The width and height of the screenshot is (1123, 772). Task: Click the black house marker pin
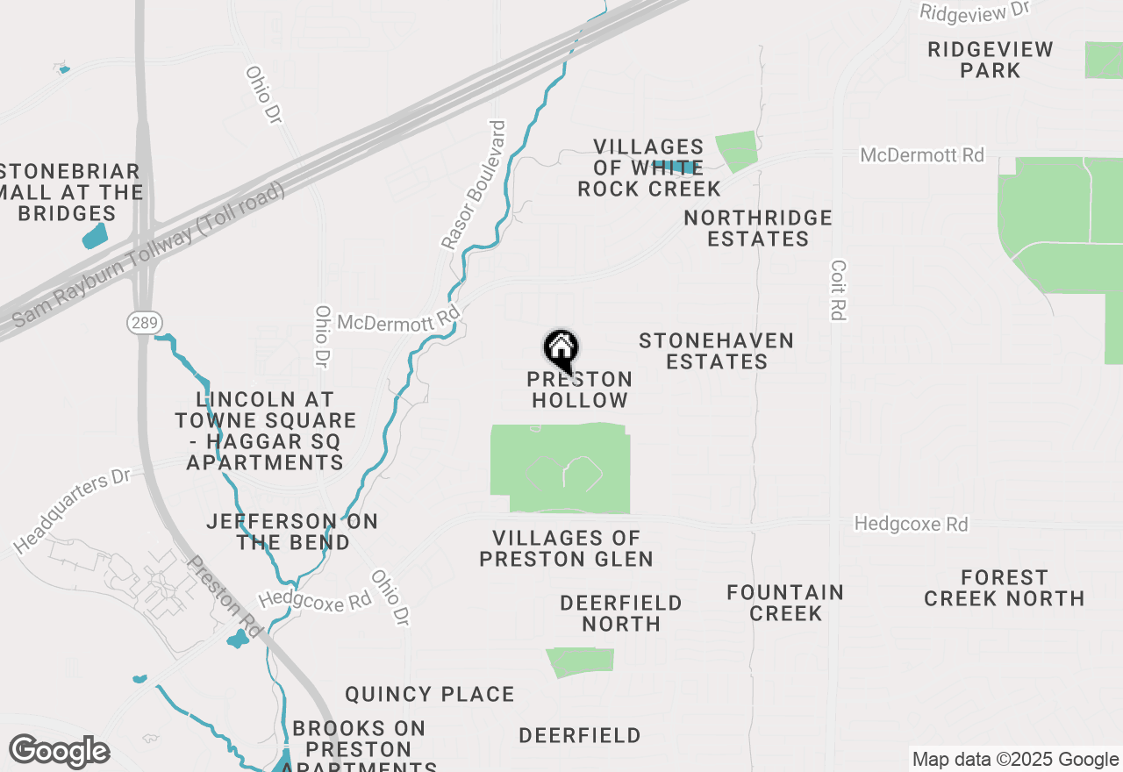click(x=561, y=351)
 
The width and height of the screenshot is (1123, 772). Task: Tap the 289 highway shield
click(x=143, y=324)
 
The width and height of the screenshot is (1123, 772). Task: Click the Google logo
click(x=59, y=752)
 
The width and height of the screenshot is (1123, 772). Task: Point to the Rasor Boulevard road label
click(x=474, y=184)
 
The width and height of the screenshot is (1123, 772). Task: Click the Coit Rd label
click(x=838, y=290)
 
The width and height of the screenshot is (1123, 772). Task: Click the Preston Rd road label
click(x=225, y=597)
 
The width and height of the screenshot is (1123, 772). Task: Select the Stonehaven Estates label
click(x=716, y=351)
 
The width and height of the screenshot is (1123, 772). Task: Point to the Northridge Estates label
click(x=758, y=228)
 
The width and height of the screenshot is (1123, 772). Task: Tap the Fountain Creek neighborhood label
click(x=785, y=603)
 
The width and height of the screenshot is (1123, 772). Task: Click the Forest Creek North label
click(x=1004, y=588)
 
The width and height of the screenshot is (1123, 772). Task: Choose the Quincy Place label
click(x=429, y=694)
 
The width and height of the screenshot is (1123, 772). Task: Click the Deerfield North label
click(x=621, y=613)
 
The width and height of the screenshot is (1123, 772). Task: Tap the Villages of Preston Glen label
click(x=566, y=548)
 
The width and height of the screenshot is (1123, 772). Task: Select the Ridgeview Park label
click(x=991, y=60)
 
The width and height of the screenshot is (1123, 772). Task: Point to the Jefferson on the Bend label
click(x=292, y=532)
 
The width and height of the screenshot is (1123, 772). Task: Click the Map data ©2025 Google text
click(x=1015, y=760)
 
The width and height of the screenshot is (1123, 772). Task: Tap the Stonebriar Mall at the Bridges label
click(x=70, y=192)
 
